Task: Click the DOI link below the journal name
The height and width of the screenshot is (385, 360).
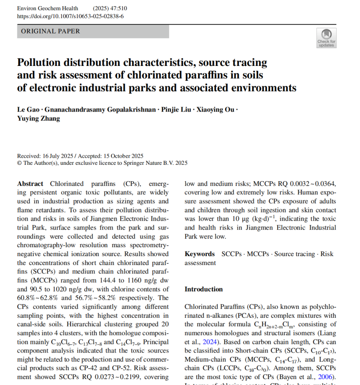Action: click(x=70, y=16)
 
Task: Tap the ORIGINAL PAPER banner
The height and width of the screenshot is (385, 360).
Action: click(x=93, y=31)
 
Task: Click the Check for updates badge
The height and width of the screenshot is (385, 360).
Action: click(x=326, y=38)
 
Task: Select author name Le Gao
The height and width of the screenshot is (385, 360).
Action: click(x=28, y=110)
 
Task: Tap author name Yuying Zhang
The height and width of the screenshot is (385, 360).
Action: click(x=38, y=118)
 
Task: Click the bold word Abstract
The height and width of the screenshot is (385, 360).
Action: click(x=30, y=184)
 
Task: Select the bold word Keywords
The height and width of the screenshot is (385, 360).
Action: click(x=199, y=254)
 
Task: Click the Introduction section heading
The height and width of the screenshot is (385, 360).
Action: click(x=204, y=289)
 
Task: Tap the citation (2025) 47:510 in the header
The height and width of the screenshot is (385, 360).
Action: click(x=110, y=8)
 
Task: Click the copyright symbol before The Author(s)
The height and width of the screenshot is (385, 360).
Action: click(x=19, y=163)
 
